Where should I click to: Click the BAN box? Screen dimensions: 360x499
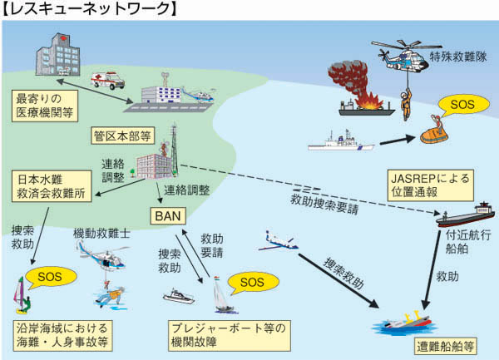click(163, 216)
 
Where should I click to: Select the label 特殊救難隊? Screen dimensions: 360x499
click(458, 57)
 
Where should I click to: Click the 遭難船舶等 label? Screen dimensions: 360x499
click(444, 342)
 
